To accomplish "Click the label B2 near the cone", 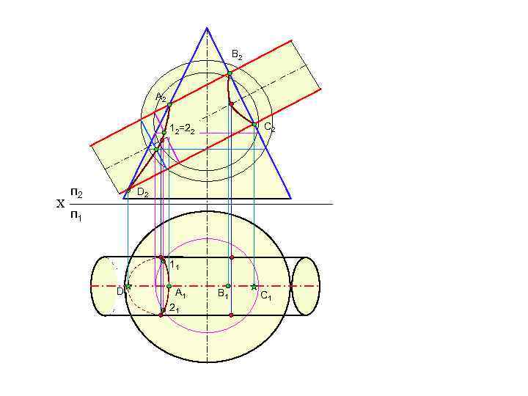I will [x=237, y=55].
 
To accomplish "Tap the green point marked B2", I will [x=229, y=73].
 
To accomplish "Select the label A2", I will [x=161, y=98].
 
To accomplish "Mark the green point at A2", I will [x=169, y=105].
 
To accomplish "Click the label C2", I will [x=269, y=128].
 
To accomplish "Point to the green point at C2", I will [x=254, y=125].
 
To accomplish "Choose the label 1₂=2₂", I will [x=181, y=130].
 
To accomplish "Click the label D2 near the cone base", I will [x=143, y=194].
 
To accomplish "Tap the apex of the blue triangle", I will [x=207, y=28].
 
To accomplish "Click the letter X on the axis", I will [x=60, y=205].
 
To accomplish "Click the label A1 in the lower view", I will [x=180, y=295].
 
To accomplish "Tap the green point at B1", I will [x=228, y=286].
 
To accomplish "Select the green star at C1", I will [x=254, y=286].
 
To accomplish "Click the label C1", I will [x=265, y=296].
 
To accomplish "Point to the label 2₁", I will [x=174, y=309].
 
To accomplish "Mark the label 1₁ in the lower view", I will [x=174, y=264].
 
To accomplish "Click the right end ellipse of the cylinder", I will [x=305, y=286].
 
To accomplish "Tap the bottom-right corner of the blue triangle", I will [x=291, y=198].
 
